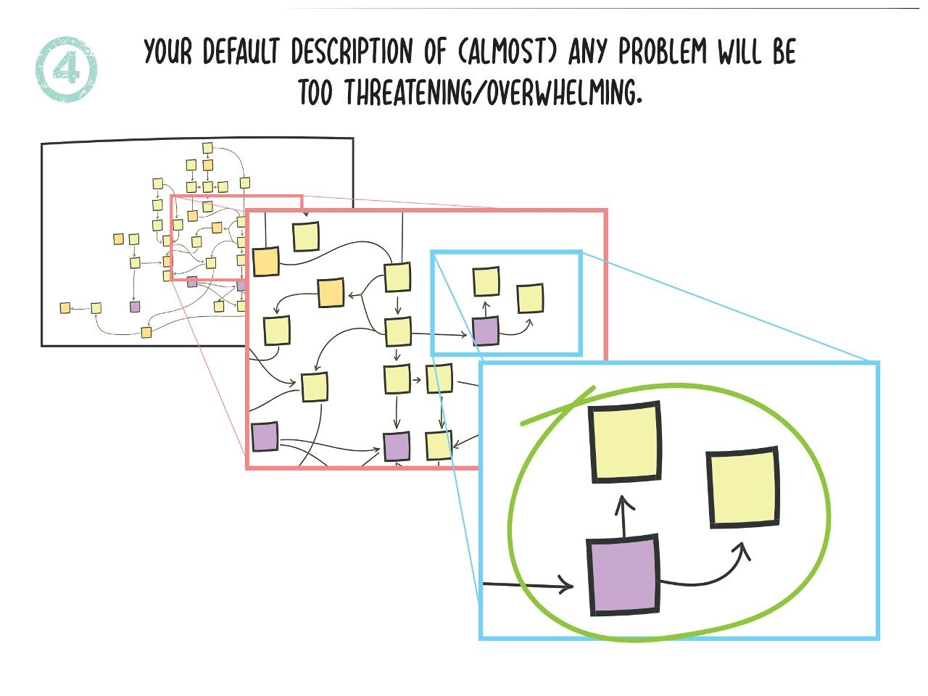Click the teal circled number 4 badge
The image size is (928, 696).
65,70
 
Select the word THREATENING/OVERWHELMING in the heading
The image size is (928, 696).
493,93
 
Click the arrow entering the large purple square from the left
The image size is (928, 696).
529,584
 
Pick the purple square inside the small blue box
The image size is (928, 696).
486,331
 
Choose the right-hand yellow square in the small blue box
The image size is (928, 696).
530,298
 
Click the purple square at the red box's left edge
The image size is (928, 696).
265,436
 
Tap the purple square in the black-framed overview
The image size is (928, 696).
135,307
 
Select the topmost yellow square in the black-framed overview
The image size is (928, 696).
207,149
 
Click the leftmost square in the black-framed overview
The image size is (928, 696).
65,308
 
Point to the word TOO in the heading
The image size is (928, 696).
315,93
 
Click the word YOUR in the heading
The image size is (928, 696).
168,52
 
